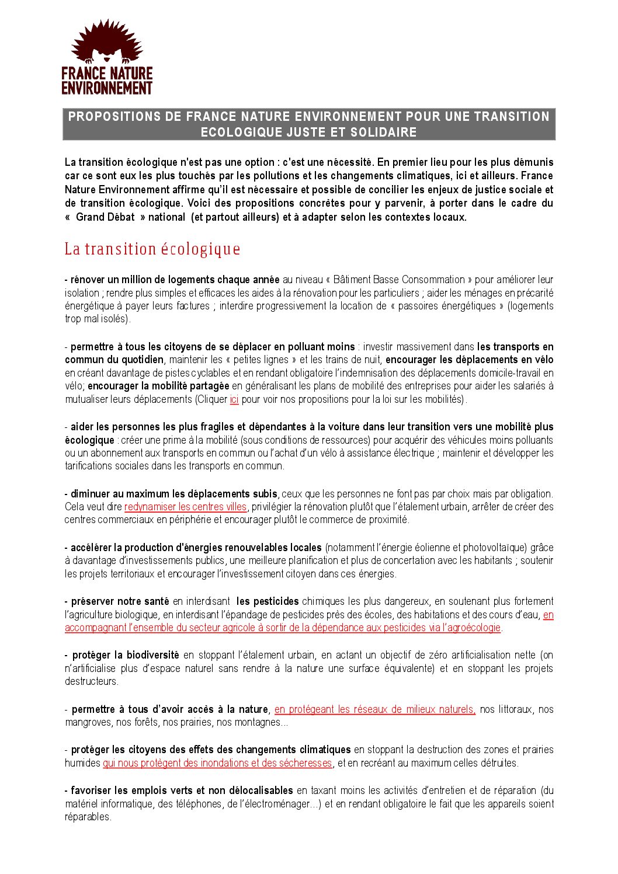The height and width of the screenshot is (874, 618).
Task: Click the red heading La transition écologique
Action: pyautogui.click(x=152, y=249)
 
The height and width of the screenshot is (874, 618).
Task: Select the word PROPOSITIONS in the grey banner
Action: pyautogui.click(x=114, y=116)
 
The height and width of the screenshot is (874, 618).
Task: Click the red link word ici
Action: pyautogui.click(x=234, y=399)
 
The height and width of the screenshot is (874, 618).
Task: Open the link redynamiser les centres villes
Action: pyautogui.click(x=185, y=507)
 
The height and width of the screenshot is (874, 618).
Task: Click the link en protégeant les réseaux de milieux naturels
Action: pyautogui.click(x=374, y=709)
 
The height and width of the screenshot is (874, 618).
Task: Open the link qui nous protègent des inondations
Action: pyautogui.click(x=217, y=763)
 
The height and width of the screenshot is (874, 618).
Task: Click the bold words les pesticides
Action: pyautogui.click(x=268, y=601)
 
